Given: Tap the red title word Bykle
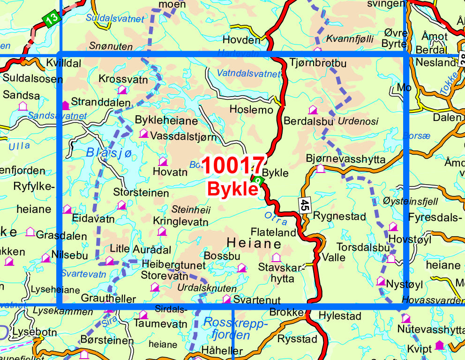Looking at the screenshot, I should pyautogui.click(x=233, y=188).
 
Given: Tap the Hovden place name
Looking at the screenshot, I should pyautogui.click(x=241, y=40).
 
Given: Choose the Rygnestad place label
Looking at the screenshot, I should pyautogui.click(x=339, y=217).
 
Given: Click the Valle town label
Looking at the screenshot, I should pyautogui.click(x=334, y=257).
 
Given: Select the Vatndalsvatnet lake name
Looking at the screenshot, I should pyautogui.click(x=248, y=73).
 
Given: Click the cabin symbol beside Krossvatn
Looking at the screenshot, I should pyautogui.click(x=122, y=90).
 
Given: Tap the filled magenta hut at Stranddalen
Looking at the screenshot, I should pyautogui.click(x=65, y=105).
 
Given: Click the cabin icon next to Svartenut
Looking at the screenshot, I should pyautogui.click(x=226, y=299).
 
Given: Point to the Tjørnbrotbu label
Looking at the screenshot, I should pyautogui.click(x=318, y=62).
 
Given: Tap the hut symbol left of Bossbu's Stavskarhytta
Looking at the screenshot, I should pyautogui.click(x=276, y=257).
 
